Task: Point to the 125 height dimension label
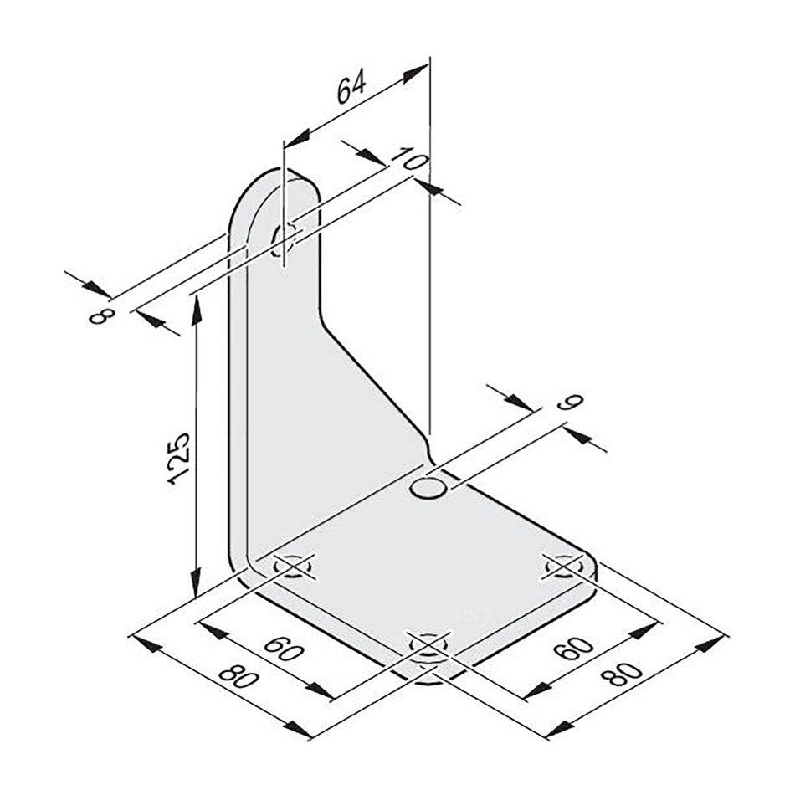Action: tap(179, 459)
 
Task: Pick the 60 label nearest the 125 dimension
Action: tap(285, 649)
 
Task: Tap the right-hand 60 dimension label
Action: tap(573, 649)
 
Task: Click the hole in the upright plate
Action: tap(282, 240)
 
